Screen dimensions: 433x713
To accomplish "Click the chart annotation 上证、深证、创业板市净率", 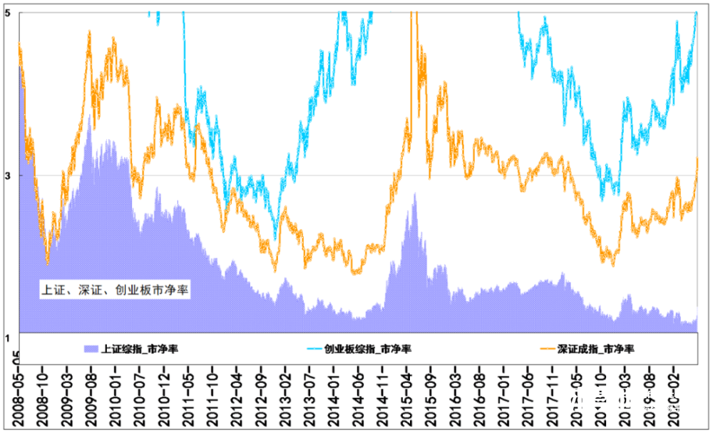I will pos(115,290).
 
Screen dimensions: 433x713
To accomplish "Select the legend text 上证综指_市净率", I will pos(140,349).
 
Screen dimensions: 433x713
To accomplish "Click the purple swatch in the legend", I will pos(91,349).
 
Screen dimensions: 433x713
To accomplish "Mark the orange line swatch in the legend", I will pos(546,349).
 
